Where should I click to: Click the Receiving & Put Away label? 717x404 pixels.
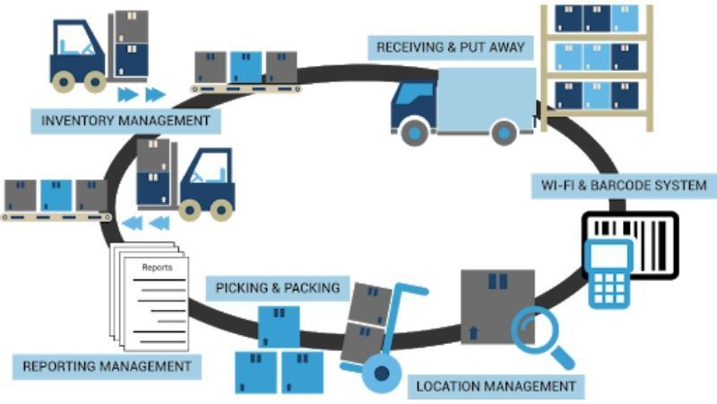[452, 46]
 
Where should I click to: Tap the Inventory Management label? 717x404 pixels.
[125, 119]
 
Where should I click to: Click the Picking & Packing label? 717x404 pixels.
[278, 288]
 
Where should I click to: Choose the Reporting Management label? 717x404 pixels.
[107, 365]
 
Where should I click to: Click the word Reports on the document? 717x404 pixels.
[158, 267]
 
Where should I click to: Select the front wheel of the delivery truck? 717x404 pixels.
[415, 133]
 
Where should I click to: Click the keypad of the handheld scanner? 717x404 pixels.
[609, 286]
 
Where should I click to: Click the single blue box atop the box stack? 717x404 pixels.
[279, 326]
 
